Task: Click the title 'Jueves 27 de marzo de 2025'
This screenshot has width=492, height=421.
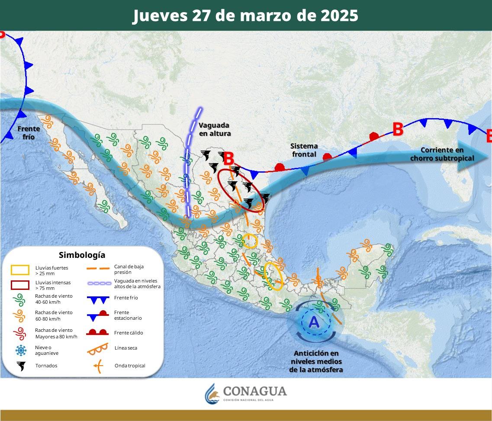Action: [245, 16]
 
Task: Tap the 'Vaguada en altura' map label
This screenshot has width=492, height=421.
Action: [215, 129]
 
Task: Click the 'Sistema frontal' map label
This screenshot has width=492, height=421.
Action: [304, 150]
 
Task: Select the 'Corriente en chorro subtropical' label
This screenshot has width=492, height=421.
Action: [447, 154]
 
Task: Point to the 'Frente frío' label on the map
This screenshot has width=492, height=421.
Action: [29, 132]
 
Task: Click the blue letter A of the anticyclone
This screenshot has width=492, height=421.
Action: [314, 322]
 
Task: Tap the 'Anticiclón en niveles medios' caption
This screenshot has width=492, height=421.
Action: [316, 361]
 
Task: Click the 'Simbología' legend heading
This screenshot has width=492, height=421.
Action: [82, 255]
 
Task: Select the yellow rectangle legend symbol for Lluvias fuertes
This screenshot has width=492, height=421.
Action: [20, 270]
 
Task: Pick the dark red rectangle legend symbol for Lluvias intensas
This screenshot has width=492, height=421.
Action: [20, 285]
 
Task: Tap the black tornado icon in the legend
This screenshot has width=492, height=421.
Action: [20, 366]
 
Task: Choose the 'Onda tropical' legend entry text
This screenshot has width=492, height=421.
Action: [130, 366]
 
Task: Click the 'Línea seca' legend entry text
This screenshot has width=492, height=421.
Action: [126, 348]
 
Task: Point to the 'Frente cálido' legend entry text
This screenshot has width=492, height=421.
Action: [129, 333]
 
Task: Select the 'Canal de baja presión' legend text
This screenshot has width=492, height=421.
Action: [129, 270]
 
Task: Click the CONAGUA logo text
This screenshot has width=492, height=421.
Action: [254, 392]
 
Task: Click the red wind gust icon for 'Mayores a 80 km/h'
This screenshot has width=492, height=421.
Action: [20, 333]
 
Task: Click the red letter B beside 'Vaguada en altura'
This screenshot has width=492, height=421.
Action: [229, 159]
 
